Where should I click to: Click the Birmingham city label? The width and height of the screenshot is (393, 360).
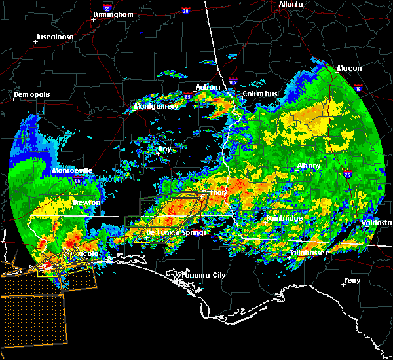point(115,14)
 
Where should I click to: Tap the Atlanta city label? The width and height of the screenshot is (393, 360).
point(290,4)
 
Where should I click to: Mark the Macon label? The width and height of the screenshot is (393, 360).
point(349,69)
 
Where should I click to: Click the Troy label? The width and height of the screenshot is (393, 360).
point(164,149)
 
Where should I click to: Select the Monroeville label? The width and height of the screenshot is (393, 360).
point(73,171)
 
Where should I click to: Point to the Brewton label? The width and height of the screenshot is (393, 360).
point(86,203)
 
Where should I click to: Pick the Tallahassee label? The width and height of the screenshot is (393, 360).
point(310,253)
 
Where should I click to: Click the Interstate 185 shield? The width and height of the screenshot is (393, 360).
point(234,83)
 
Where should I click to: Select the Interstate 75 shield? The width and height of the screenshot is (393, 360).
point(348,174)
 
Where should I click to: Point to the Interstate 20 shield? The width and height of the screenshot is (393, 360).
point(185,10)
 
